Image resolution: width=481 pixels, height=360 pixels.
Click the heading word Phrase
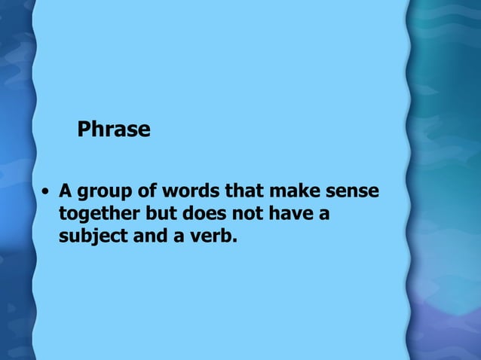[114, 130]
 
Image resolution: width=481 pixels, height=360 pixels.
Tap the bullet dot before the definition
[47, 191]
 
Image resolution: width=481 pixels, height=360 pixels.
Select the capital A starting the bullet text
[65, 191]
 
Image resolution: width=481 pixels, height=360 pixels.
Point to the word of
[142, 191]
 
